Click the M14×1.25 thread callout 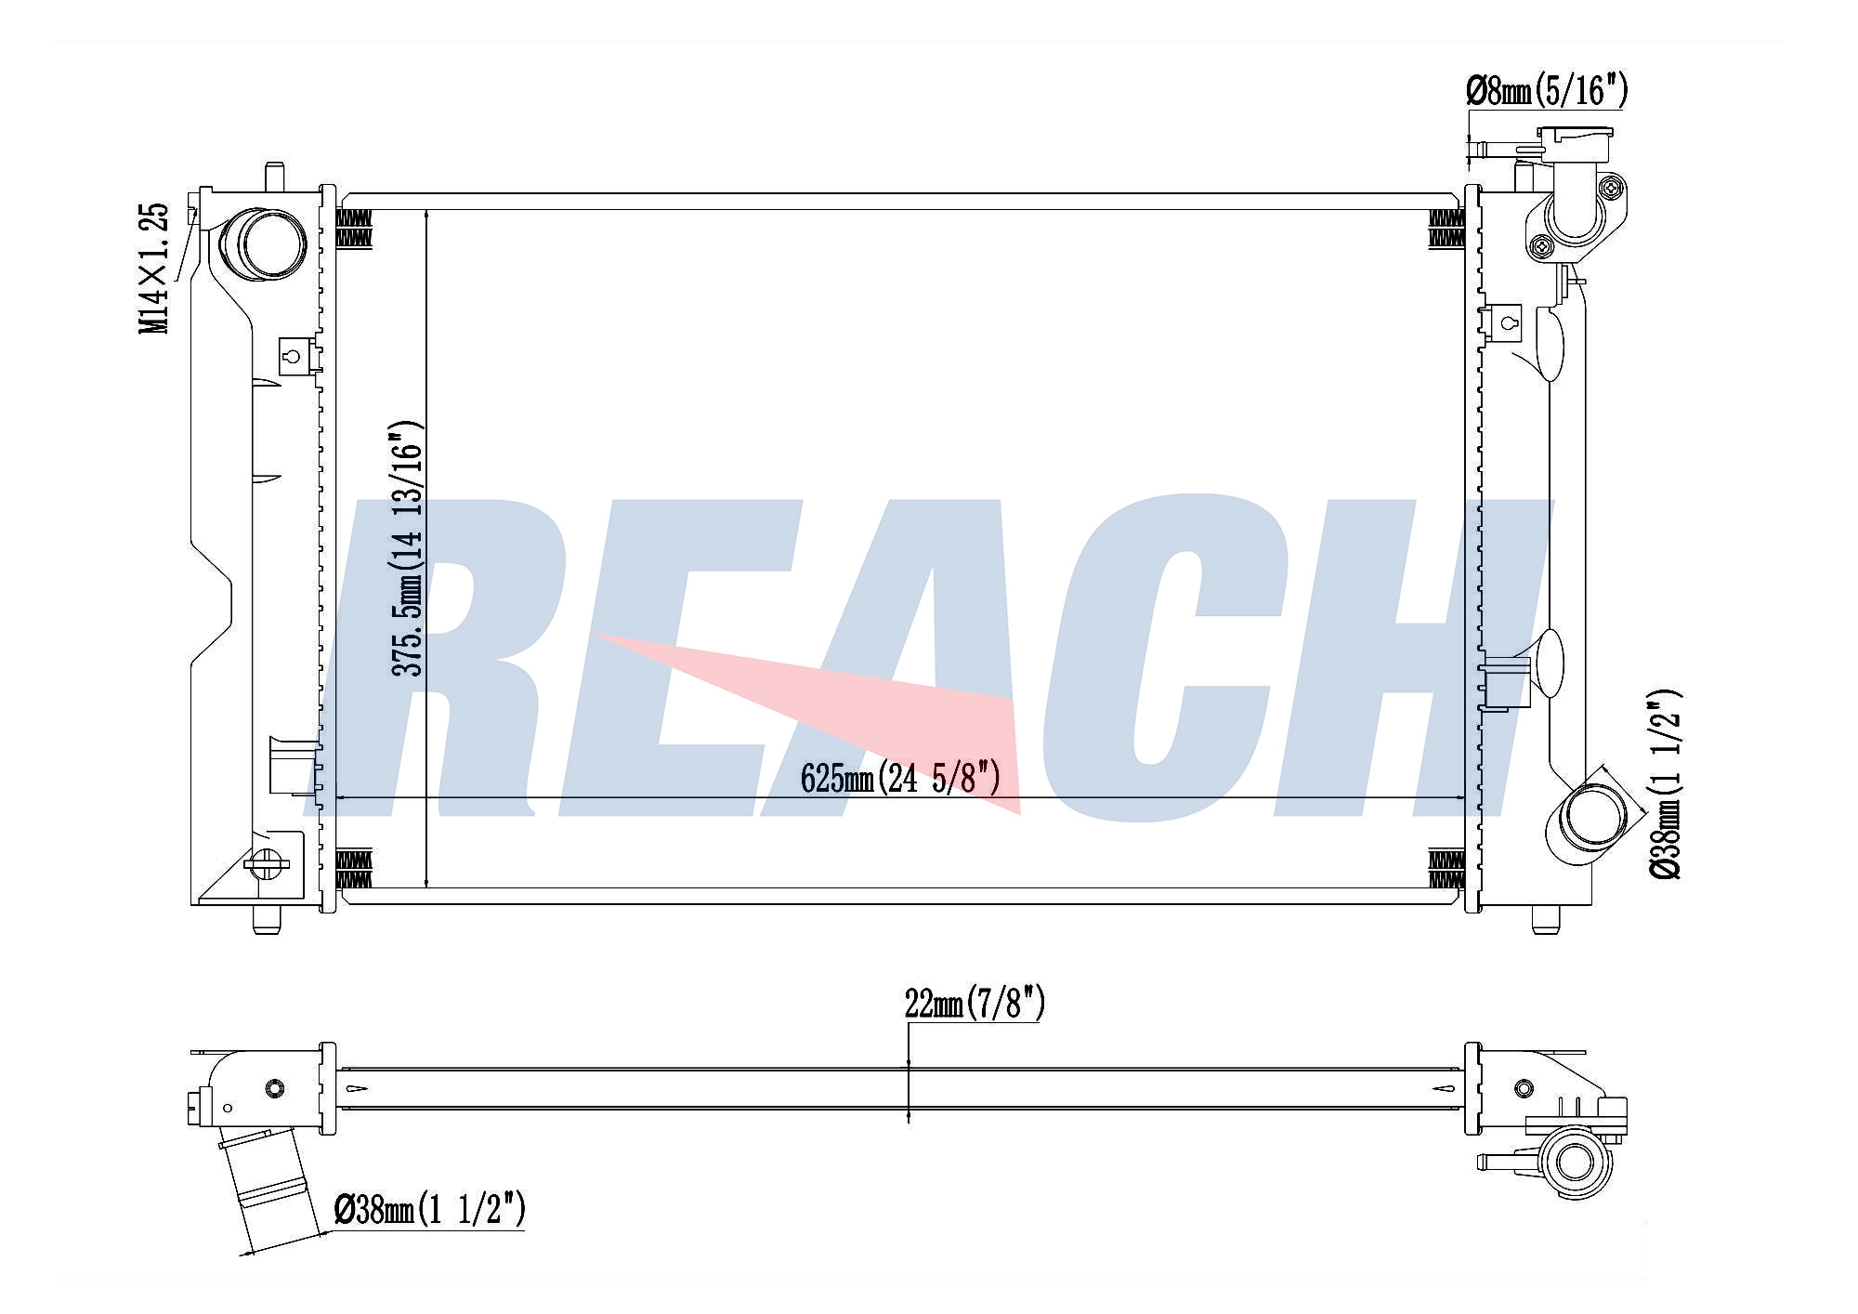tap(154, 268)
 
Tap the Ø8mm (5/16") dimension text tap(1547, 91)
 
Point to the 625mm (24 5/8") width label tap(900, 779)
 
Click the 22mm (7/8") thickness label tap(975, 1004)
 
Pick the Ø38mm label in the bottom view tap(430, 1209)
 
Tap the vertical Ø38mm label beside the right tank tap(1665, 784)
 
